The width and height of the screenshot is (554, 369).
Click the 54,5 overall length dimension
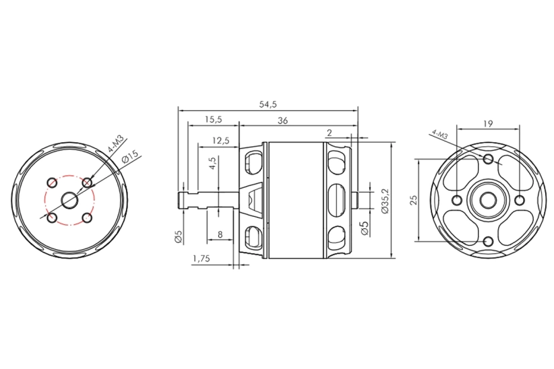(x=268, y=104)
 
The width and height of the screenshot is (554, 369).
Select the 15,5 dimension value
(x=213, y=120)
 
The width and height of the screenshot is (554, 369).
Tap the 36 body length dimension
(x=282, y=121)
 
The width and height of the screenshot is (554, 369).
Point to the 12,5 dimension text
(x=221, y=141)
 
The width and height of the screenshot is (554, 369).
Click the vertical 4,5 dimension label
(x=213, y=164)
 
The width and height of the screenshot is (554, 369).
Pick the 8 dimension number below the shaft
(x=220, y=234)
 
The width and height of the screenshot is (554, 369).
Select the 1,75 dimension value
(x=202, y=259)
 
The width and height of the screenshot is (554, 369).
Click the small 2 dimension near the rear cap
(x=330, y=133)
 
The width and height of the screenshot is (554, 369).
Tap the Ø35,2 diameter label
(x=385, y=200)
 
